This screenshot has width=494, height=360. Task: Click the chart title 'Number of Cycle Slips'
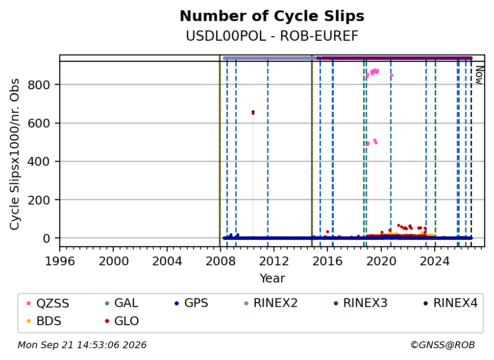coord(272,16)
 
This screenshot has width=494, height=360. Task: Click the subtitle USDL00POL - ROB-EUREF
coord(272,36)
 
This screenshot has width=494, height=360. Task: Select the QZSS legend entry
coord(48,303)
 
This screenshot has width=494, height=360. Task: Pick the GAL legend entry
coord(122,303)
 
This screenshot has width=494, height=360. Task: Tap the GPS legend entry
coord(191,303)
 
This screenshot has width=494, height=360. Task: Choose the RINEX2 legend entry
coord(271,303)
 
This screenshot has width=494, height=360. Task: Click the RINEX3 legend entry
coord(360,303)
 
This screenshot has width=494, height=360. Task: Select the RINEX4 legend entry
coord(450,303)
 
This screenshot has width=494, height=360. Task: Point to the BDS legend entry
coord(44,321)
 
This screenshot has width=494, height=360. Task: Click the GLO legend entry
coord(122,321)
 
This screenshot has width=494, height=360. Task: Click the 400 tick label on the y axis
coord(39,162)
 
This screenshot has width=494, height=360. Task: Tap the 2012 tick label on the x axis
coord(274,261)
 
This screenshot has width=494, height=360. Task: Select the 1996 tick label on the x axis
coord(60,261)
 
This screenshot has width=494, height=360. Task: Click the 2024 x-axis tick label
coord(434,261)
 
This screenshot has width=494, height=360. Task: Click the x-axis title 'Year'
coord(272,279)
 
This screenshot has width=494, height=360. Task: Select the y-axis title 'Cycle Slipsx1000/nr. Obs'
coord(15,154)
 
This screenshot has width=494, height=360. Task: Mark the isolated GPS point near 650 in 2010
coord(253,112)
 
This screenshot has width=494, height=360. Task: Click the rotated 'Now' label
coord(479,75)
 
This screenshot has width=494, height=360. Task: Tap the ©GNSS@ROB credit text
coord(443,345)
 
